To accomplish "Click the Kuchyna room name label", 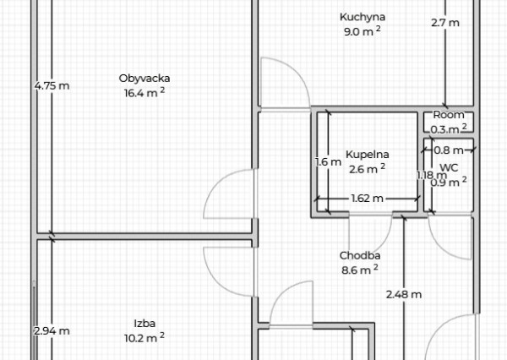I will pyautogui.click(x=363, y=17).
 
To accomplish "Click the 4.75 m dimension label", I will pyautogui.click(x=52, y=85).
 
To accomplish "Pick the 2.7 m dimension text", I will pyautogui.click(x=444, y=23).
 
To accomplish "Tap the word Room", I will pyautogui.click(x=449, y=115).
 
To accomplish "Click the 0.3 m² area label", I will pyautogui.click(x=449, y=128).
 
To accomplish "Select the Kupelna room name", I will pyautogui.click(x=367, y=155).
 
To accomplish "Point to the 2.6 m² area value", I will pyautogui.click(x=367, y=168).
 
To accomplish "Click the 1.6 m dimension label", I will pyautogui.click(x=328, y=162).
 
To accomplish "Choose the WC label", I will pyautogui.click(x=449, y=167).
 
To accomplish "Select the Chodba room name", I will pyautogui.click(x=359, y=256).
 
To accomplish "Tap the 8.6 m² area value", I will pyautogui.click(x=359, y=270).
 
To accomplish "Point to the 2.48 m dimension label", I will pyautogui.click(x=403, y=294).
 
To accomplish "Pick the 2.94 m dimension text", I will pyautogui.click(x=52, y=331).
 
